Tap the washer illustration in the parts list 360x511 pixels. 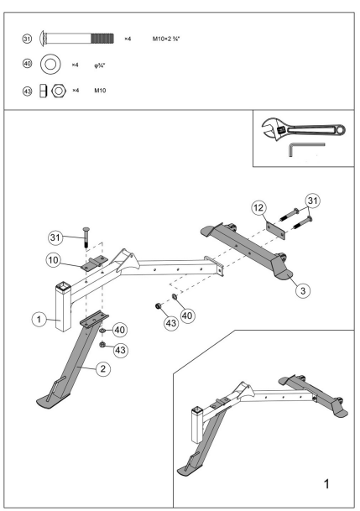(51, 64)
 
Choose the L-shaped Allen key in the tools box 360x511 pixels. (303, 149)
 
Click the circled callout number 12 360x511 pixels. (259, 206)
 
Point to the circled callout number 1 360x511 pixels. (38, 318)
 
